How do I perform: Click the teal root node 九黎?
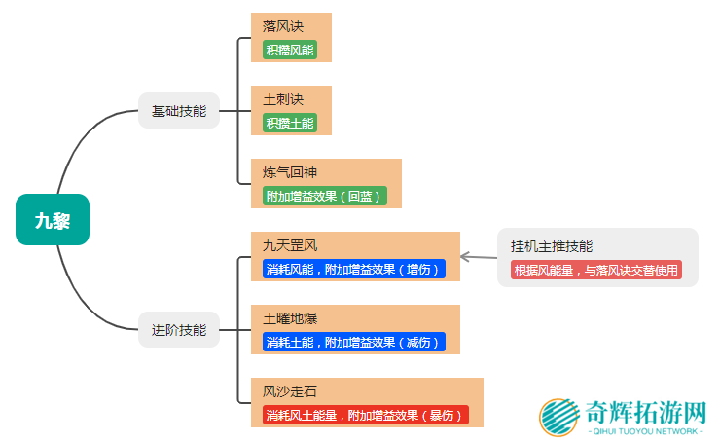coord(52,219)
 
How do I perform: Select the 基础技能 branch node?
coord(179,110)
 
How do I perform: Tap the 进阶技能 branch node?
coord(179,329)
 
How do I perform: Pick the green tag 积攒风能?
coord(290,50)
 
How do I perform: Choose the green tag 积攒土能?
coord(290,123)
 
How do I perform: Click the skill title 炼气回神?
coord(290,172)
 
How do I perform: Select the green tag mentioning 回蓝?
coord(324,196)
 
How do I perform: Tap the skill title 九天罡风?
coord(290,245)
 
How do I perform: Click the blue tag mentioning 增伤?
coord(353,269)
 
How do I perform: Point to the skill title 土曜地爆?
coord(290,318)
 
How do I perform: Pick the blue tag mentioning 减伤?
coord(353,342)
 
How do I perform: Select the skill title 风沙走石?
coord(290,391)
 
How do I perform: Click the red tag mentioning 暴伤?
coord(365,415)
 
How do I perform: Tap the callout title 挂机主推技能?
coord(552,246)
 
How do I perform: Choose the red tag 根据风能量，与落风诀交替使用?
coord(595,270)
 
